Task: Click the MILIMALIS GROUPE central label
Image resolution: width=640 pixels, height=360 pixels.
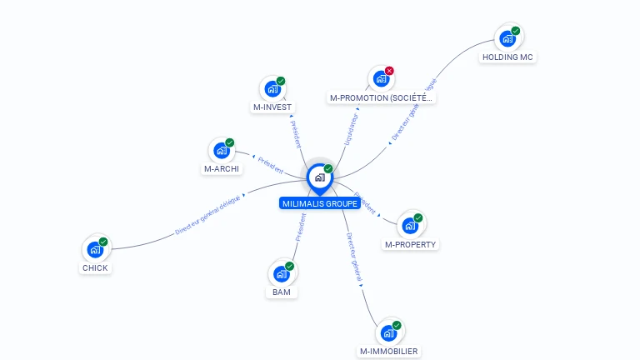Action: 320,203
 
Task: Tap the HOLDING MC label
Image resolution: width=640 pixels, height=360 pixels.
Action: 507,57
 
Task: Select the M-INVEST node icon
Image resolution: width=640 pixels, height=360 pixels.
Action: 272,88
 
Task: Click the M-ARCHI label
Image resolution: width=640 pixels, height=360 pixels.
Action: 222,169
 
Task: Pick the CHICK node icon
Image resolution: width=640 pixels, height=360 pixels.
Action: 95,249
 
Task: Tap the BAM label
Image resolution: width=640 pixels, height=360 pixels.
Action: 281,292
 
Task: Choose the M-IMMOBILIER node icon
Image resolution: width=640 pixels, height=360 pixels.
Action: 388,332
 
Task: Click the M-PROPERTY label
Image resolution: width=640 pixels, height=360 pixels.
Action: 411,244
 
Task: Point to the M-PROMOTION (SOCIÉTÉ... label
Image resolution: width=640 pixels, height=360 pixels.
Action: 382,98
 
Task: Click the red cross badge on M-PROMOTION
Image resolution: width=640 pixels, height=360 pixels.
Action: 389,71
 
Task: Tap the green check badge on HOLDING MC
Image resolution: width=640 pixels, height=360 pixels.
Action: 516,31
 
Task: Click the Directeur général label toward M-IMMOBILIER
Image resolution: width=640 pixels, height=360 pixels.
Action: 355,255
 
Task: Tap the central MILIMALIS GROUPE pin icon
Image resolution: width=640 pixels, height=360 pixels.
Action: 319,177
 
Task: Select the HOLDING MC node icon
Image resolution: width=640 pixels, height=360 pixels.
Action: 507,38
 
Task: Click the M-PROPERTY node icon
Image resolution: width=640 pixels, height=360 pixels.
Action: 409,225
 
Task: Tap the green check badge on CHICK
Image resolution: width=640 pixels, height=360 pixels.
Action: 103,242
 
